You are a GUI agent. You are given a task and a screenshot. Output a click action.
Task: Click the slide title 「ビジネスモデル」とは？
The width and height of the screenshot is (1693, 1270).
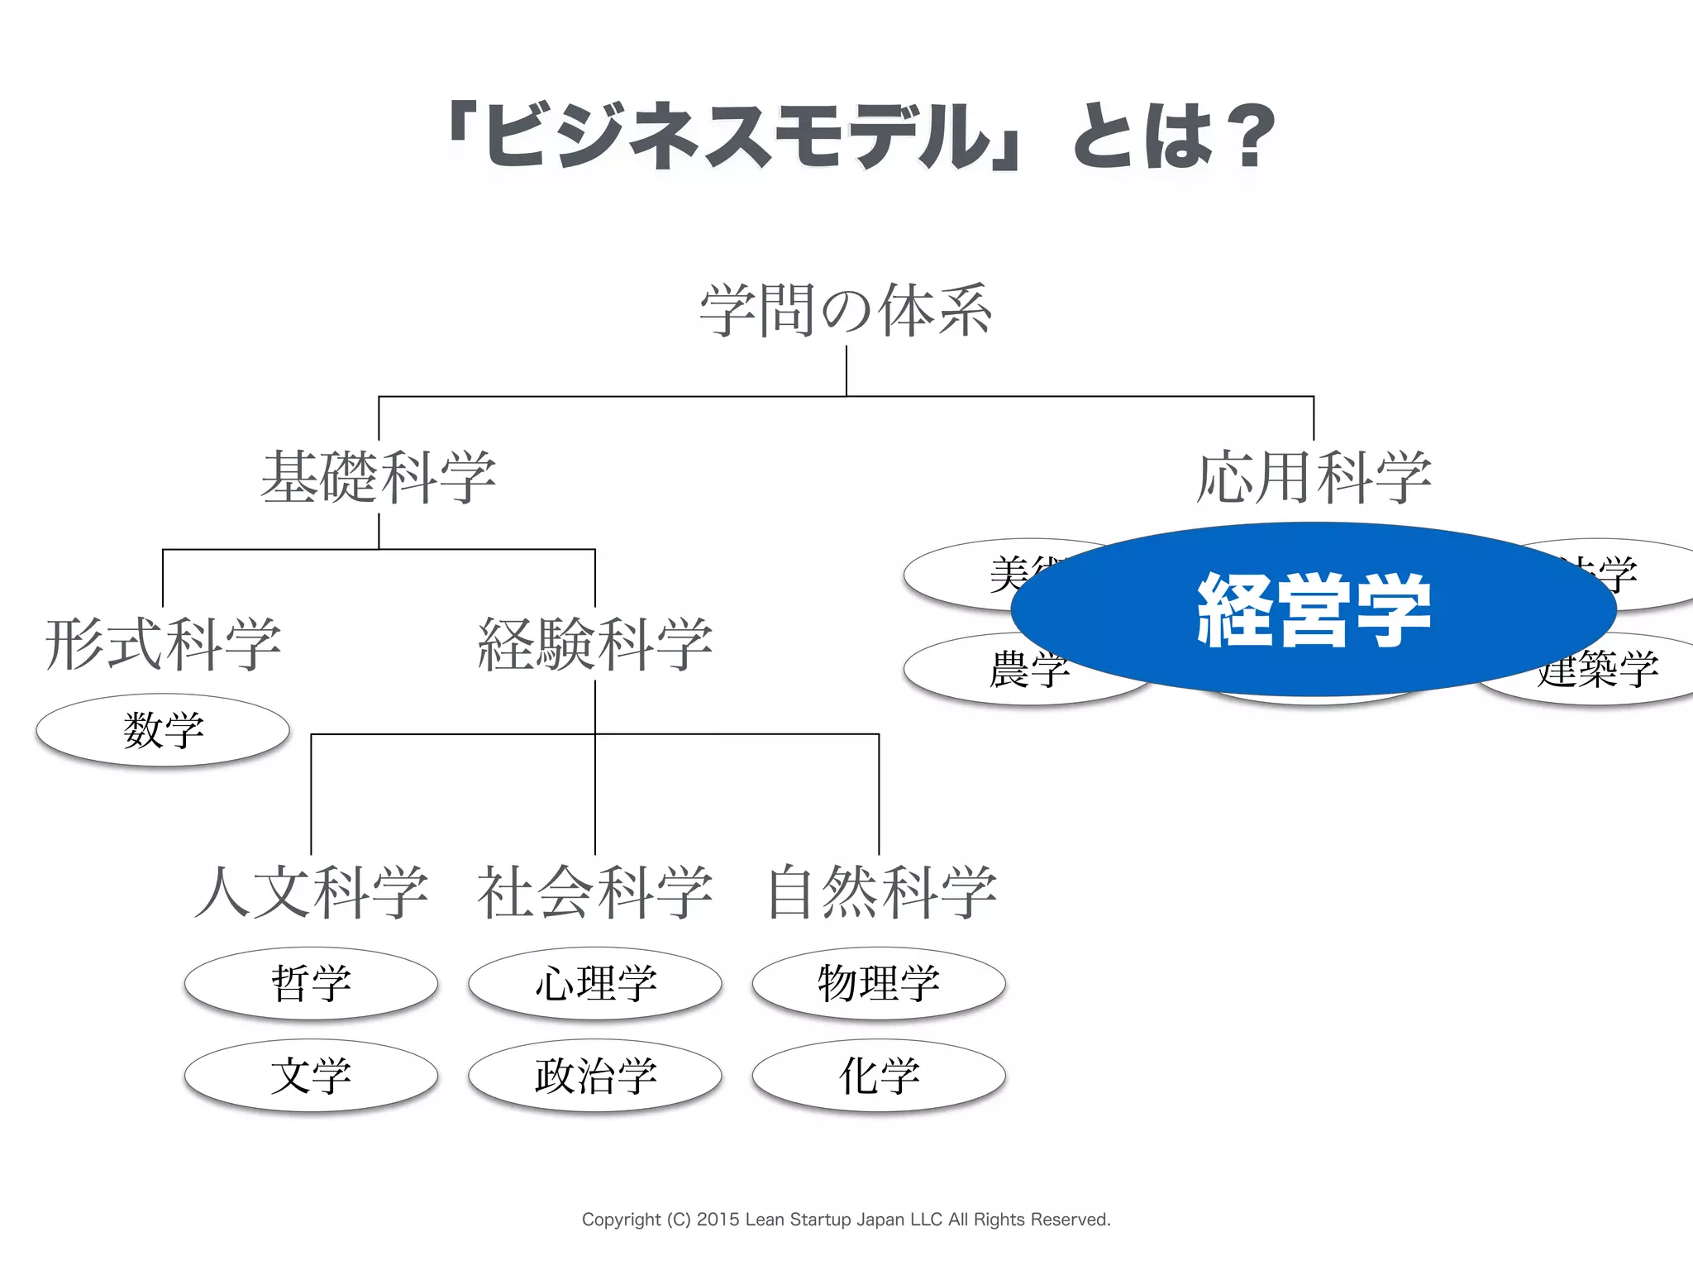(x=860, y=136)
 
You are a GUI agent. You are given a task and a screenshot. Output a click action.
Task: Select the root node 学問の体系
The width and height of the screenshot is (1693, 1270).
(x=846, y=311)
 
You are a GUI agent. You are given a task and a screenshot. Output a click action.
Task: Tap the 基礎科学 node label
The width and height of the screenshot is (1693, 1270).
(x=379, y=477)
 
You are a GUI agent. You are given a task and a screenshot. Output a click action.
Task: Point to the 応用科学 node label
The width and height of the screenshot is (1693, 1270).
(x=1314, y=477)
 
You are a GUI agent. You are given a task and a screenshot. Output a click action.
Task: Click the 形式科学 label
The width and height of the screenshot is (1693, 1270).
(x=163, y=644)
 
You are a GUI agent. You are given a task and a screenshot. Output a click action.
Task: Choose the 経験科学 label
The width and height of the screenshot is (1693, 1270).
(x=595, y=644)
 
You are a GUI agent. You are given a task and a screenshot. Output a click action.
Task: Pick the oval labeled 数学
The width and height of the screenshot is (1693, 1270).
(x=163, y=730)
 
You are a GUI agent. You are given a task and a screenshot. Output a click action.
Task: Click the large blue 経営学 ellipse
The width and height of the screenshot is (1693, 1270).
(x=1314, y=609)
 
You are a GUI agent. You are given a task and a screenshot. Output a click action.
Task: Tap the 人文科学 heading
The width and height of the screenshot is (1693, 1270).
(x=312, y=892)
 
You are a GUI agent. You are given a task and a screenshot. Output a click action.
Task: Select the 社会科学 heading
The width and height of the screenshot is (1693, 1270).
(x=595, y=892)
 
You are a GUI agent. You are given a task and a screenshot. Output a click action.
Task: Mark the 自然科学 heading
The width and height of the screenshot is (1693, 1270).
(x=881, y=892)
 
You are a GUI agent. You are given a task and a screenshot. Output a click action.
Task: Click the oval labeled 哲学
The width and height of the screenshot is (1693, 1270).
(x=312, y=983)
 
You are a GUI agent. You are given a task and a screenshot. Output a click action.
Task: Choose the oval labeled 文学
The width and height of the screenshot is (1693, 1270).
(x=312, y=1076)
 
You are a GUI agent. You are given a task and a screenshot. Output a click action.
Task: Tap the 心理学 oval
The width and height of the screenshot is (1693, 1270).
(x=595, y=983)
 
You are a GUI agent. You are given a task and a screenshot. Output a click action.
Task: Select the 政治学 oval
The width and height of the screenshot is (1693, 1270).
(x=595, y=1076)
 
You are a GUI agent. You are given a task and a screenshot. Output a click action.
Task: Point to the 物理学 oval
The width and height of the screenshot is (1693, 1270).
(x=879, y=983)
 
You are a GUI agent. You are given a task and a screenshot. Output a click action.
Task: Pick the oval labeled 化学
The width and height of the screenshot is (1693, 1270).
(x=879, y=1076)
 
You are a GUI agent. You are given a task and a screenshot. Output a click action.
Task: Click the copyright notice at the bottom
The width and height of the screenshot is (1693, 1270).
(x=846, y=1220)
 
